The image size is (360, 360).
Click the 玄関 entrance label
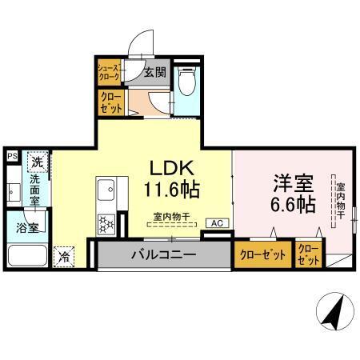154,74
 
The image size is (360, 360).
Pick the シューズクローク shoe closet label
108,73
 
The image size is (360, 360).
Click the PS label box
12,157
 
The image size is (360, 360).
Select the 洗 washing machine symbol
37,162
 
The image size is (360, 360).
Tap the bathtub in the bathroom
27,256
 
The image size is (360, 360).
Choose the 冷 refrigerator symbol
63,258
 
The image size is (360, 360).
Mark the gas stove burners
105,224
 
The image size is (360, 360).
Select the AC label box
216,223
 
